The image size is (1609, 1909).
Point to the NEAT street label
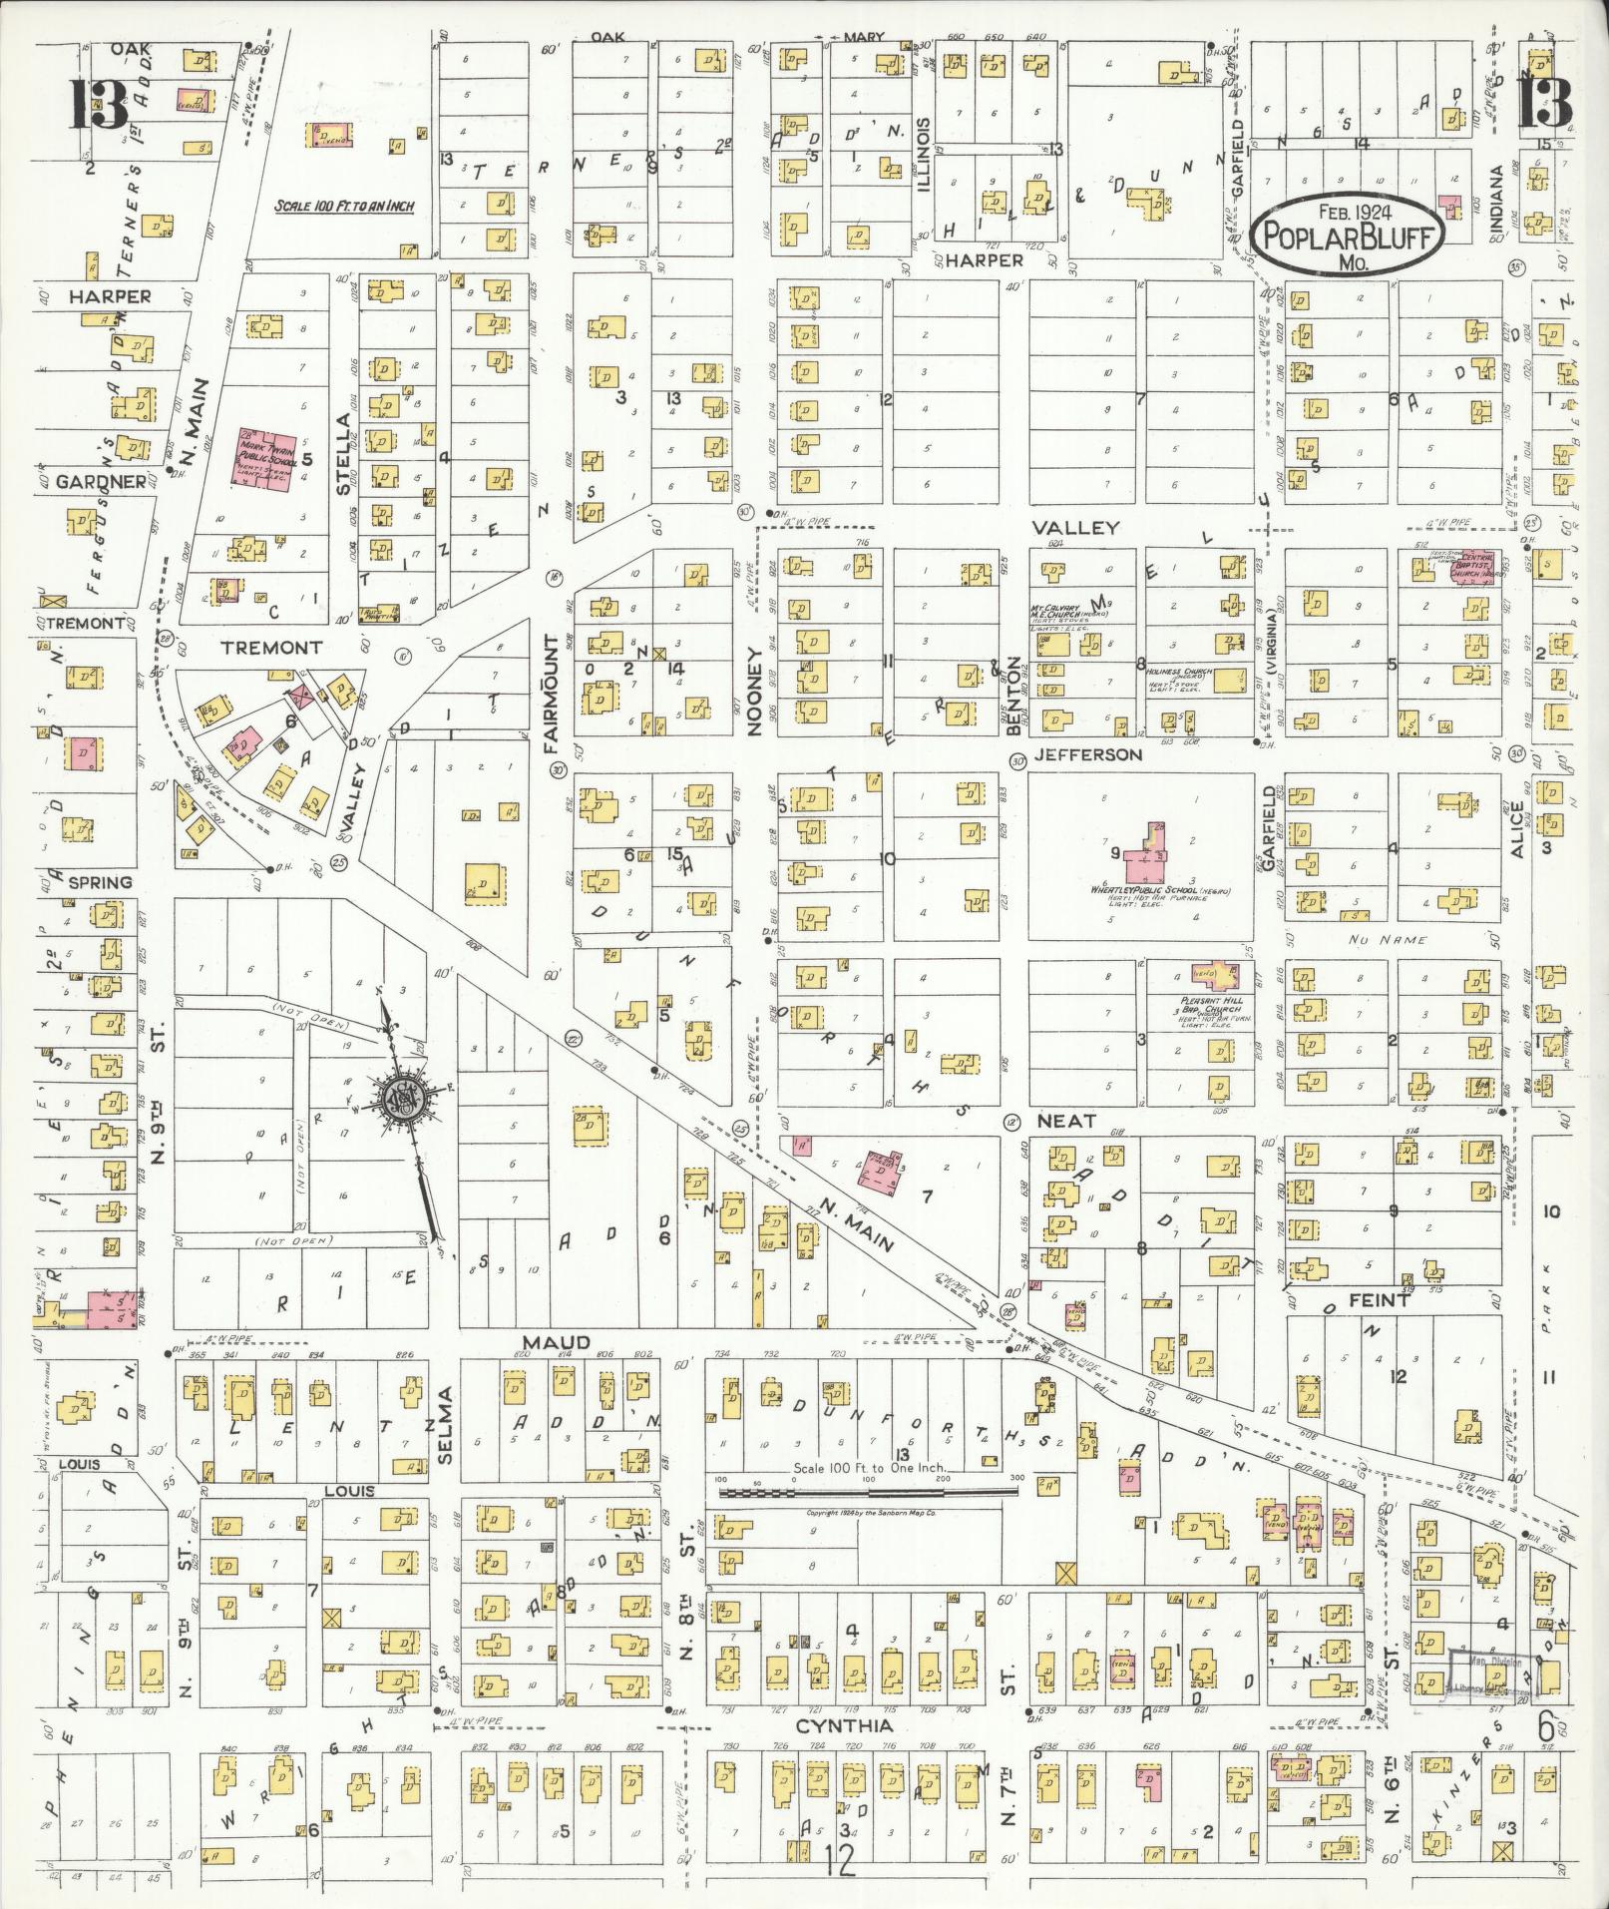[x=1069, y=1121]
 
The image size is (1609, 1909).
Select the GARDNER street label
[x=102, y=482]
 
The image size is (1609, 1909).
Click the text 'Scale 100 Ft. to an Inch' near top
[x=344, y=207]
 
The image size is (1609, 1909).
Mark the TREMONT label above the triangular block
[x=270, y=648]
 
